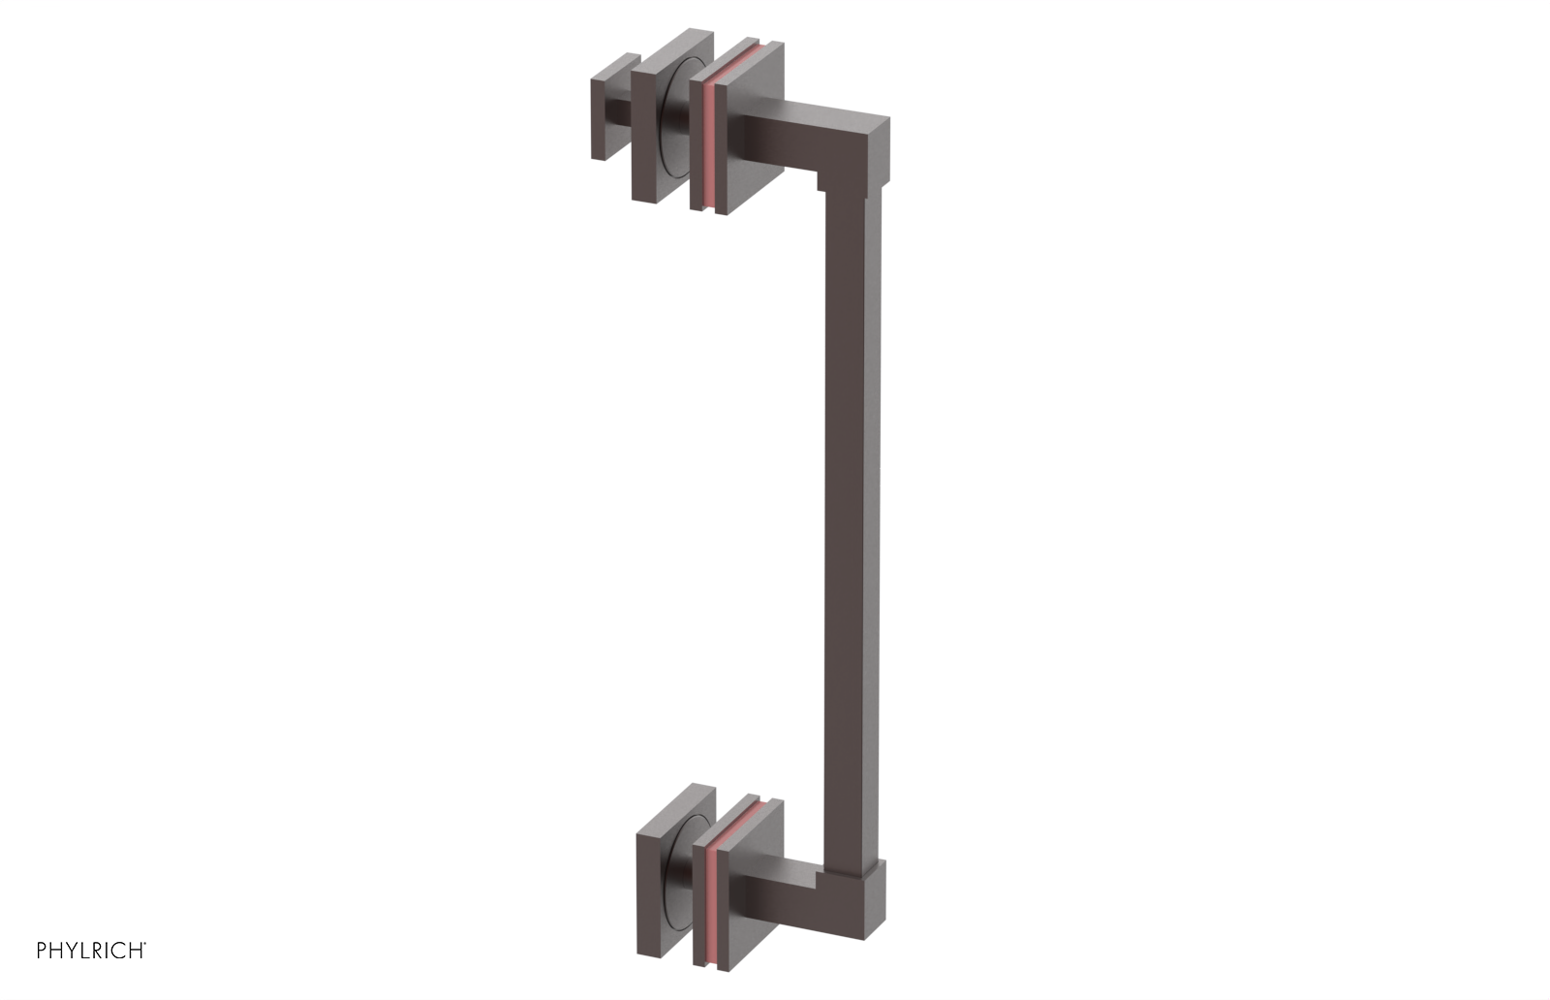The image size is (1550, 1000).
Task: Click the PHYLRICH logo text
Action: pos(91,951)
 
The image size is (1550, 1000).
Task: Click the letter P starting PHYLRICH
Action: pos(42,951)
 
